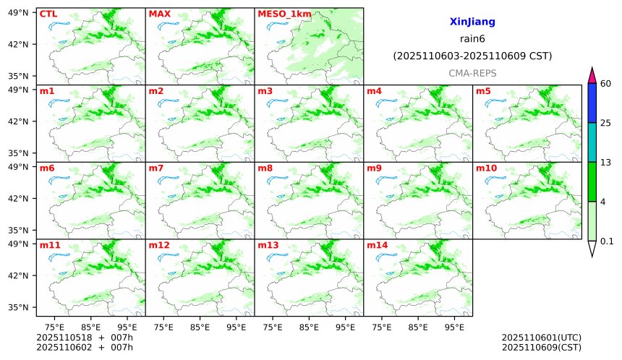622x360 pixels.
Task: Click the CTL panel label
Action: coord(48,14)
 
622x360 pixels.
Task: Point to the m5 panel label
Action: coord(483,91)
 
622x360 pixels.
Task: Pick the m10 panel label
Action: coord(486,168)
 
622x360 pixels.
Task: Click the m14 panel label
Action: coord(377,245)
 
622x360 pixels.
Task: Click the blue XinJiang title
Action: coord(472,22)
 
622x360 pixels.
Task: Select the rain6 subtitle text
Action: coord(472,39)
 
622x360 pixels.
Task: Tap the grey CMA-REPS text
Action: coord(472,73)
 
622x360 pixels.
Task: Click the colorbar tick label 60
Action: coord(606,84)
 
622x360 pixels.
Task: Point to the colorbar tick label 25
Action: coord(606,123)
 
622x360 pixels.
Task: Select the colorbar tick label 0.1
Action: coord(607,241)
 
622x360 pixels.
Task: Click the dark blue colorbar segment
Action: coord(592,103)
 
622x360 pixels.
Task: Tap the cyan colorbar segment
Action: coord(592,142)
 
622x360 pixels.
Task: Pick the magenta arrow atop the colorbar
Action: coord(592,74)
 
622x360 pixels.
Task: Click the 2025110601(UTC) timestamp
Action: coord(541,338)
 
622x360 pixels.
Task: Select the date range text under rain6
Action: coord(472,56)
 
